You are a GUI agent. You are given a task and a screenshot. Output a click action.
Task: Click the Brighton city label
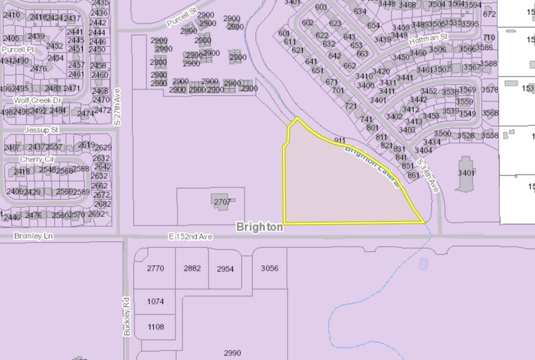(x=260, y=227)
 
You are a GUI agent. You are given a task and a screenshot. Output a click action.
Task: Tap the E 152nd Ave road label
(x=191, y=236)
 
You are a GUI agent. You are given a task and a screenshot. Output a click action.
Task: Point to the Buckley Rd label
(x=127, y=316)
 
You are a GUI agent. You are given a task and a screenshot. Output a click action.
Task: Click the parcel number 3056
(x=269, y=268)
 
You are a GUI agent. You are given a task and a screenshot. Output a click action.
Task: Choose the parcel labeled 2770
(x=155, y=268)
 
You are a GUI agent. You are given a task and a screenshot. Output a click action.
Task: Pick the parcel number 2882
(x=192, y=268)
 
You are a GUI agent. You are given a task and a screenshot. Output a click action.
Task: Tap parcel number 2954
(x=225, y=269)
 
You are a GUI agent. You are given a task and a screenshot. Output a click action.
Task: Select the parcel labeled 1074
(x=155, y=301)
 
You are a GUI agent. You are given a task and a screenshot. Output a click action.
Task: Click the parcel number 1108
(x=155, y=327)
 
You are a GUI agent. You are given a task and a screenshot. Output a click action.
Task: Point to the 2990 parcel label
(x=233, y=353)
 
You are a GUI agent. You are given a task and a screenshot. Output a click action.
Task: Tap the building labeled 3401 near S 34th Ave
(x=466, y=173)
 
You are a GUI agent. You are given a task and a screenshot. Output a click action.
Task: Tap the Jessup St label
(x=41, y=130)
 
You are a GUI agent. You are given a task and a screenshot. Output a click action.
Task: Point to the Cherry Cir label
(x=37, y=159)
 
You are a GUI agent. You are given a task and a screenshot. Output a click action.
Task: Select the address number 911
(x=340, y=141)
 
